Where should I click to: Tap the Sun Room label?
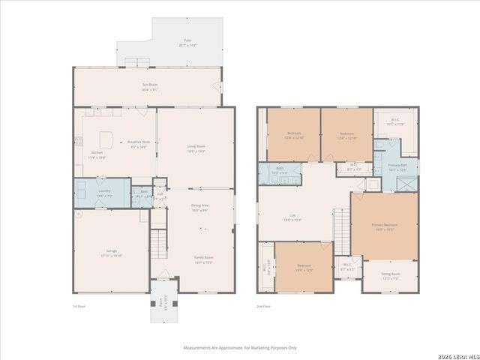pos(149,85)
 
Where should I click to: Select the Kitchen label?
pos(97,154)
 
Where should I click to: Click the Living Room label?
pos(196,147)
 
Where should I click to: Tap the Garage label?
pos(110,251)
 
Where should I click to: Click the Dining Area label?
pos(199,205)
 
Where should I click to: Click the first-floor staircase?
pos(158,241)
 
